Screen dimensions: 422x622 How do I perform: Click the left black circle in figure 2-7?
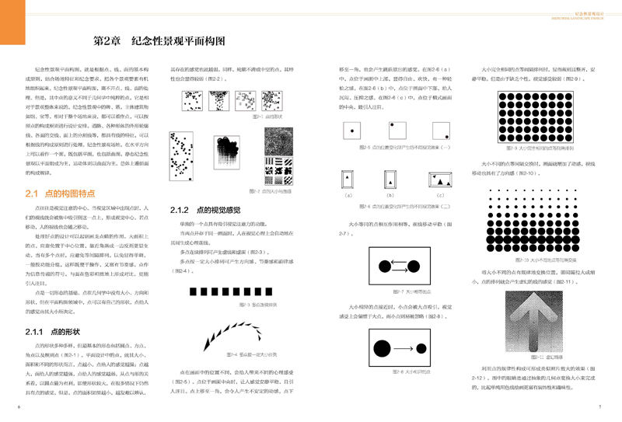383,268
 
